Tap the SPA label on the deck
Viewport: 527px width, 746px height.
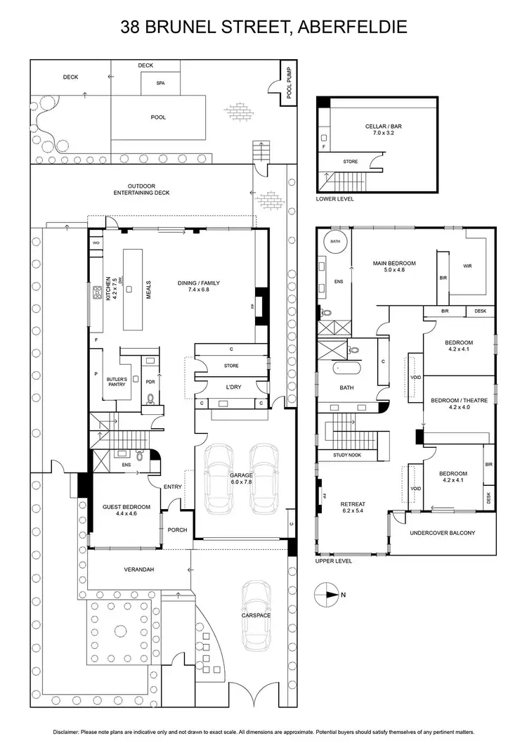click(x=160, y=82)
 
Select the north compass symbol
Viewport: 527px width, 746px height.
click(x=327, y=594)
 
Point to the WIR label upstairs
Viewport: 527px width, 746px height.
click(x=467, y=266)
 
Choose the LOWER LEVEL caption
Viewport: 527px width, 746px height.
click(x=336, y=199)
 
